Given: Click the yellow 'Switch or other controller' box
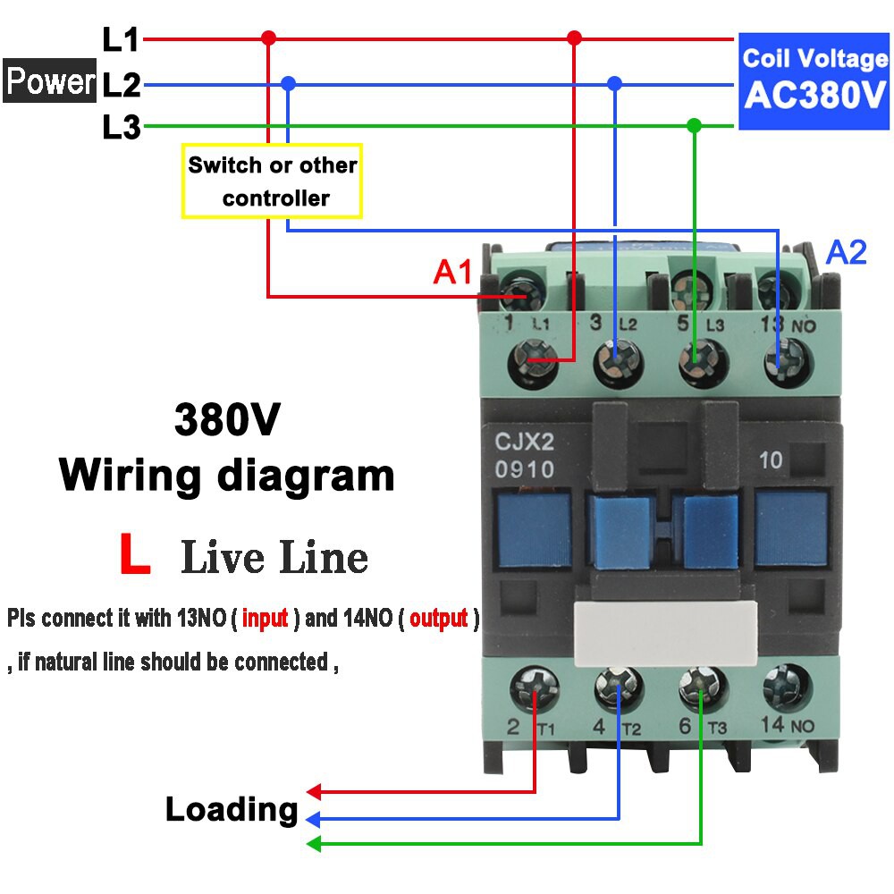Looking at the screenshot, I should point(272,181).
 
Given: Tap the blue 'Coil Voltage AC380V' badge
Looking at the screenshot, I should point(814,80).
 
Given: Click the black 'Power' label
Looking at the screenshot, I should point(49,82).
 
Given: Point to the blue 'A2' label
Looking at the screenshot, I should point(846,253).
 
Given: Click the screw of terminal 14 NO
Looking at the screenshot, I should point(787,689).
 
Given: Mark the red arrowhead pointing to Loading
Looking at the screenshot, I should point(313,791).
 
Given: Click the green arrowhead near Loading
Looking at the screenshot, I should point(313,843).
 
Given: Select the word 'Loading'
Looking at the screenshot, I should point(231,810).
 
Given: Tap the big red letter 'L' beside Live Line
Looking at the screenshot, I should point(134,555).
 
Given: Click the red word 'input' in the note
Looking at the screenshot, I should point(265,618).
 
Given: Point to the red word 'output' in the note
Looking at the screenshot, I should point(438,618).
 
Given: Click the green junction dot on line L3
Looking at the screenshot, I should point(694,125).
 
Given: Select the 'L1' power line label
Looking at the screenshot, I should point(121,39).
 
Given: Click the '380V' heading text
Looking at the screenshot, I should point(227,419).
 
